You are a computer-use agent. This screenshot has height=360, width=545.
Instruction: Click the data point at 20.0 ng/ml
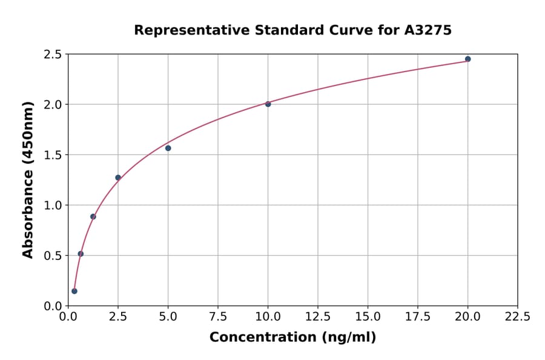pyautogui.click(x=467, y=59)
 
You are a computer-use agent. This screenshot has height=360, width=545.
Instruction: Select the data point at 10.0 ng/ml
pyautogui.click(x=268, y=104)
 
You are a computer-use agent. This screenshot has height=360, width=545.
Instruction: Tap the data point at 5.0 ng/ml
pyautogui.click(x=168, y=148)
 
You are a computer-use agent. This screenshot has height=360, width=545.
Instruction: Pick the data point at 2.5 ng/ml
pyautogui.click(x=118, y=178)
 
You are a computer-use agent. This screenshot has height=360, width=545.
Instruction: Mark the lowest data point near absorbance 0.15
pyautogui.click(x=74, y=291)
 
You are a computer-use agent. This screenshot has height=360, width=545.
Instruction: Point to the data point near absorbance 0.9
pyautogui.click(x=93, y=216)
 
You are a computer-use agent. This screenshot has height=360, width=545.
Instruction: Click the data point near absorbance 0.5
pyautogui.click(x=81, y=254)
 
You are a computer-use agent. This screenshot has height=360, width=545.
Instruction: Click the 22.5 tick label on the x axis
pyautogui.click(x=517, y=316)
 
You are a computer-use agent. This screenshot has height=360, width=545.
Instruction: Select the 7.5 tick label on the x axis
pyautogui.click(x=218, y=316)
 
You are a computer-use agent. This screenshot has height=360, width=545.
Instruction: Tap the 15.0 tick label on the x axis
pyautogui.click(x=368, y=316)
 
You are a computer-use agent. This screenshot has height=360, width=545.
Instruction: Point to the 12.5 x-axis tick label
pyautogui.click(x=317, y=316)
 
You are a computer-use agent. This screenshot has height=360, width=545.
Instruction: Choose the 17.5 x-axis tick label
pyautogui.click(x=417, y=316)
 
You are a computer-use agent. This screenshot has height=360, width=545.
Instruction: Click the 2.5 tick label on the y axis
pyautogui.click(x=53, y=55)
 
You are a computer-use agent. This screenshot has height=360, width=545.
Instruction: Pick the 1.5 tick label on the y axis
pyautogui.click(x=53, y=155)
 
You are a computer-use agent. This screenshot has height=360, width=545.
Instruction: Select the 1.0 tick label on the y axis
pyautogui.click(x=53, y=205)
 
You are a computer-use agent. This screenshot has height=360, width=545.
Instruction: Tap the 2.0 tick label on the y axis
pyautogui.click(x=53, y=104)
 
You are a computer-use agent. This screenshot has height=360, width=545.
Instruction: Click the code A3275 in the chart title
pyautogui.click(x=428, y=30)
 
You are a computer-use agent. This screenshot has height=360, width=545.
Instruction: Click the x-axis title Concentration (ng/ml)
pyautogui.click(x=292, y=338)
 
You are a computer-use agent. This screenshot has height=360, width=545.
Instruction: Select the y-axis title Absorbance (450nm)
pyautogui.click(x=28, y=179)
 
